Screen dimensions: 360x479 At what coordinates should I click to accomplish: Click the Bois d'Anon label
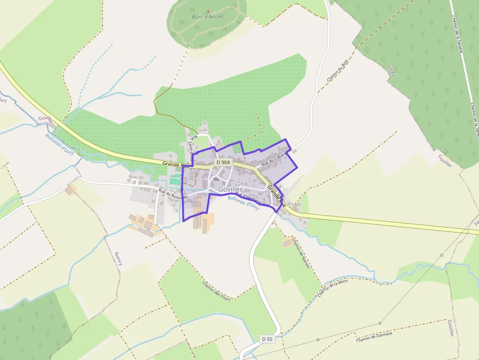207,17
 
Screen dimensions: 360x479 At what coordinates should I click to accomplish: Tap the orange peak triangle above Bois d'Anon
208,10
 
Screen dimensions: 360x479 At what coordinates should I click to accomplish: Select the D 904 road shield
223,162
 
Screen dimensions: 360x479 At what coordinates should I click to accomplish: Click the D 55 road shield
266,339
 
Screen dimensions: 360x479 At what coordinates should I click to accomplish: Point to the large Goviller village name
230,189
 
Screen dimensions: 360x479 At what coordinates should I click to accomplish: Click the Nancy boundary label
118,259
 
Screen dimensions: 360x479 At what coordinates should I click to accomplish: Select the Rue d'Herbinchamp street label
252,198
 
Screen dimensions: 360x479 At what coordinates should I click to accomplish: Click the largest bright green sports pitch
175,181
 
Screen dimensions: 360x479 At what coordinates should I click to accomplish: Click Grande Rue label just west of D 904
172,165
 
